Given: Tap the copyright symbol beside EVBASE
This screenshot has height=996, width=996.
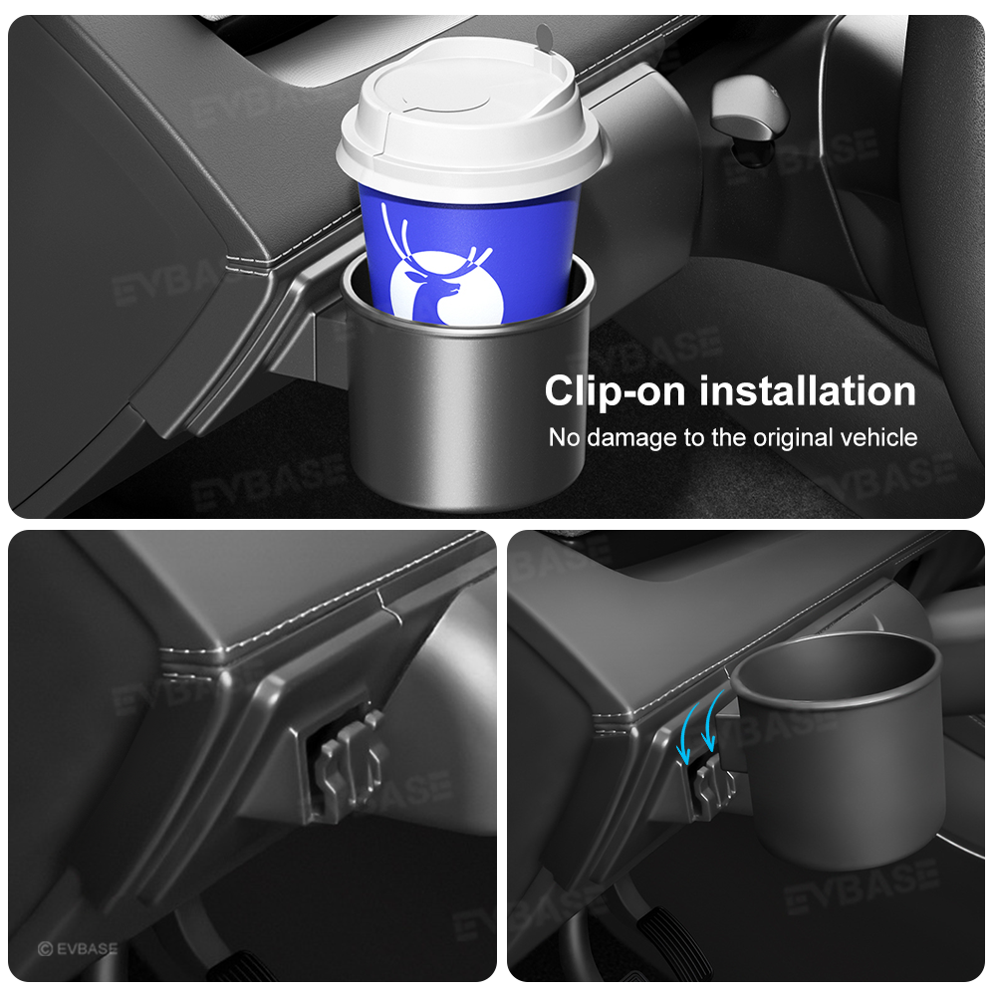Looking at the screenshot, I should pyautogui.click(x=45, y=949).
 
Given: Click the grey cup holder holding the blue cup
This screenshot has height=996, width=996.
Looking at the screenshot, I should pyautogui.click(x=468, y=398).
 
